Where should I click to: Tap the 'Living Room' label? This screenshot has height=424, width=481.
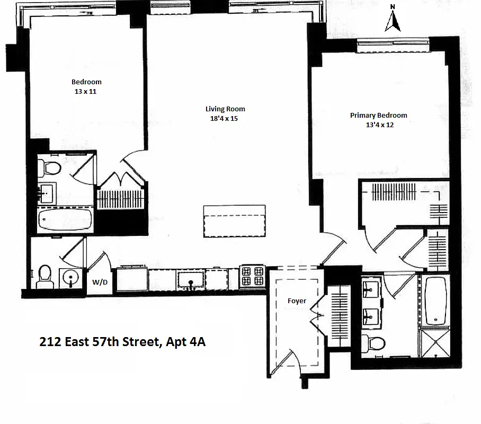coord(225,109)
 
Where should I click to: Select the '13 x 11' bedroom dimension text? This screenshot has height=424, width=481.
coord(86,91)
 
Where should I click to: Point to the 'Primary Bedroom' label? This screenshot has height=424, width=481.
coord(378,116)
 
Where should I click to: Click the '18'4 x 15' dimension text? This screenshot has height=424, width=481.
coord(224,119)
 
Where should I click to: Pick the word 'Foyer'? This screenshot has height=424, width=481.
coord(297,301)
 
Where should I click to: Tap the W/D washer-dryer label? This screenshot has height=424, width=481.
coord(100,282)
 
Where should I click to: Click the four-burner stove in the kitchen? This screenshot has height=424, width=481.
coord(252,276)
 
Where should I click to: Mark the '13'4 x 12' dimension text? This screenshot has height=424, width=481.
coord(379,125)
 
